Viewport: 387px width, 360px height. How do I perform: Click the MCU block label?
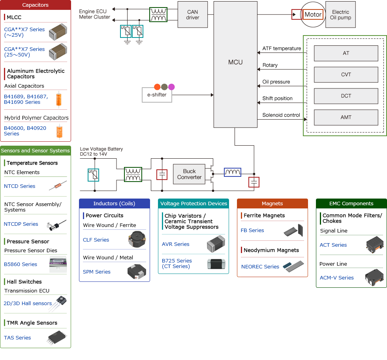tap(235, 62)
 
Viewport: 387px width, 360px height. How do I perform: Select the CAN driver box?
tap(192, 15)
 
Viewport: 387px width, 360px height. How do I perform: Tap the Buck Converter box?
tap(189, 174)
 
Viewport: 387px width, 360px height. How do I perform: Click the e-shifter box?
tap(157, 95)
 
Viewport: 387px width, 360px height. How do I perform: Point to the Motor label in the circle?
tap(313, 15)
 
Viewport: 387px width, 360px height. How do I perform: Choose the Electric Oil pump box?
tap(340, 15)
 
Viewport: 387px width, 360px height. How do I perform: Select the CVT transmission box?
tap(346, 75)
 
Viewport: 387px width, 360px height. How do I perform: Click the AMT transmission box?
tap(346, 117)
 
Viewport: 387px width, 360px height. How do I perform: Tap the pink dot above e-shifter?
tap(171, 87)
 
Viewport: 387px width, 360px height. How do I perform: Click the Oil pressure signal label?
tap(276, 82)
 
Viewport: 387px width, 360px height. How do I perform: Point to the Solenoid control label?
tap(281, 115)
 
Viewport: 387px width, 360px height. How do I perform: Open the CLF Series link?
tap(96, 240)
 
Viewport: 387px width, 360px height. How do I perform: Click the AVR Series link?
tap(175, 244)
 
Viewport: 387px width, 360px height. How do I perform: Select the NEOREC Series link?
tap(260, 266)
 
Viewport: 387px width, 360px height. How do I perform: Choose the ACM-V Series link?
tap(336, 277)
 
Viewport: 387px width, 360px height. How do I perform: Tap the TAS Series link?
tap(17, 337)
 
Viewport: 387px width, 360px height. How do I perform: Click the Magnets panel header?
tap(272, 203)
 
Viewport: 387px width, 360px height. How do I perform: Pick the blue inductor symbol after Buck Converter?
tap(233, 172)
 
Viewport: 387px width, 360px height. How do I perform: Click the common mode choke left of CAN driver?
tap(158, 15)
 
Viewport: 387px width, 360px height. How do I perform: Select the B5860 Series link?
tap(21, 264)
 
